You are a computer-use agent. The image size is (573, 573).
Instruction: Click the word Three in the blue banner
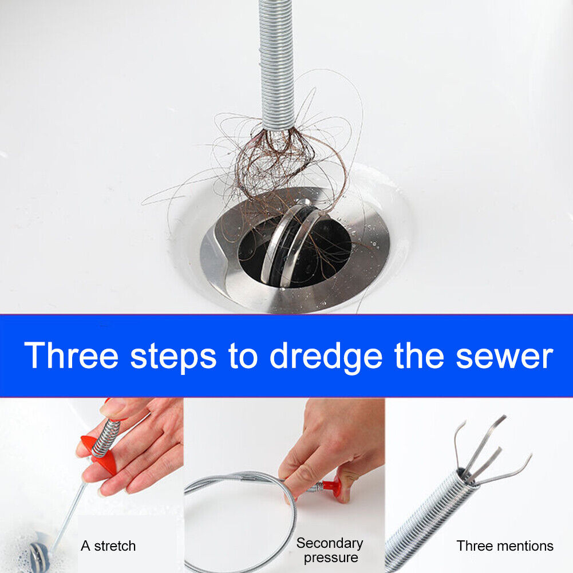(x=71, y=355)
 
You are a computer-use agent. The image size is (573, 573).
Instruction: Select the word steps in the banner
(x=173, y=356)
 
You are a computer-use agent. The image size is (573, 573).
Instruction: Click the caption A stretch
(x=108, y=546)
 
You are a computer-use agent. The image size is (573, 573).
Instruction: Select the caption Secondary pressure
(x=330, y=550)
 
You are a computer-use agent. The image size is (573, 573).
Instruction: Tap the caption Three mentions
(x=505, y=546)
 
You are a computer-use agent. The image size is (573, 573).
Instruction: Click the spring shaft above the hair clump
(x=276, y=57)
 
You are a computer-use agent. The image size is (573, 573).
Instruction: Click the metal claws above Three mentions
(x=487, y=452)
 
